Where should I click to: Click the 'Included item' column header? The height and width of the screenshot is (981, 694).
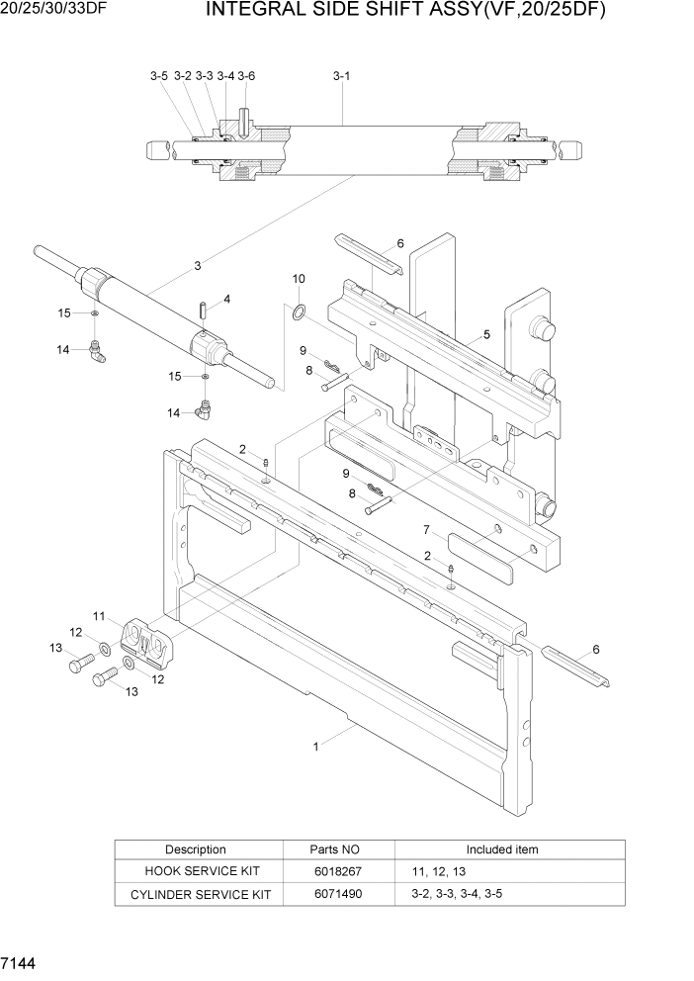point(502,849)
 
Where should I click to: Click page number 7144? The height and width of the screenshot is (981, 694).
point(21,962)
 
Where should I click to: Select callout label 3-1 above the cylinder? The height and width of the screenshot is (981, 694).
point(341,75)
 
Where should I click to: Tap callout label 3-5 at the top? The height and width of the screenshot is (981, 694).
point(159,75)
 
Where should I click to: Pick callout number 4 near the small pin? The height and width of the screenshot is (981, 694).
point(226,298)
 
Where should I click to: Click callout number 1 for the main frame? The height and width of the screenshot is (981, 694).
point(316,748)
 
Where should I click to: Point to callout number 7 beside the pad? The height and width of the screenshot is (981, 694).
point(426,529)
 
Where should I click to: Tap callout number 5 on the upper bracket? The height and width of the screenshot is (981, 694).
point(486,335)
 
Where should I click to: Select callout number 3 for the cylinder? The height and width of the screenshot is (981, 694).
point(198,265)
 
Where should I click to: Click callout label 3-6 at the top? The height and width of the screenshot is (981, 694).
point(246,75)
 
